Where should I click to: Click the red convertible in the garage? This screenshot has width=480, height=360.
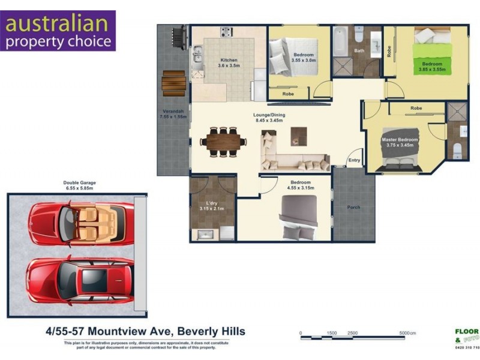pyautogui.click(x=82, y=222)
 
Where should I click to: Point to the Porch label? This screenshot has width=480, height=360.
pyautogui.click(x=353, y=208)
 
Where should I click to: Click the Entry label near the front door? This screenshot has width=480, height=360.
pyautogui.click(x=354, y=160)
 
